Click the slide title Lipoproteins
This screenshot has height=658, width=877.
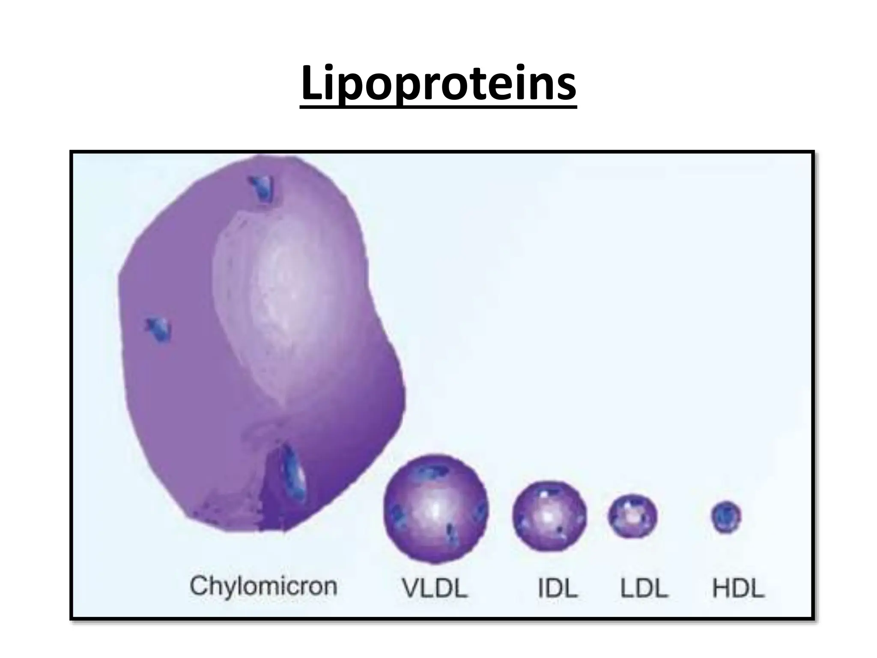[x=438, y=84]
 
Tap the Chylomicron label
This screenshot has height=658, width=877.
[x=263, y=586]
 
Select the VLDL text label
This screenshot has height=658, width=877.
[x=435, y=588]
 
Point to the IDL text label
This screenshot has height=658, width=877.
[x=558, y=588]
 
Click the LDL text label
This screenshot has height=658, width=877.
[x=644, y=588]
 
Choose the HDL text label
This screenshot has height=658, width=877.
[x=738, y=588]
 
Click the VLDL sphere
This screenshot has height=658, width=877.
[x=436, y=508]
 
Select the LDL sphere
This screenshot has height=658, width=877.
[x=632, y=516]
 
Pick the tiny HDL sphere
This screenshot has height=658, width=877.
[x=726, y=517]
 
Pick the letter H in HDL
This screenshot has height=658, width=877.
[x=720, y=588]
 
